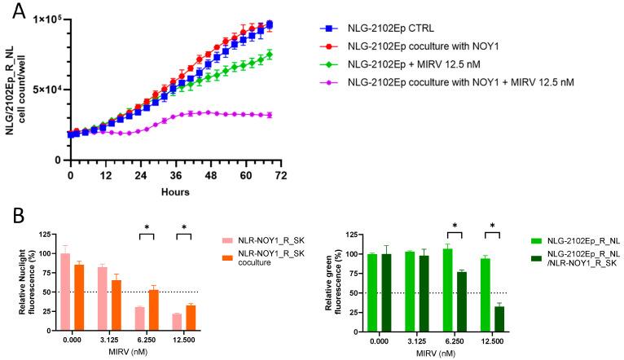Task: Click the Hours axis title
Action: tap(174, 192)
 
